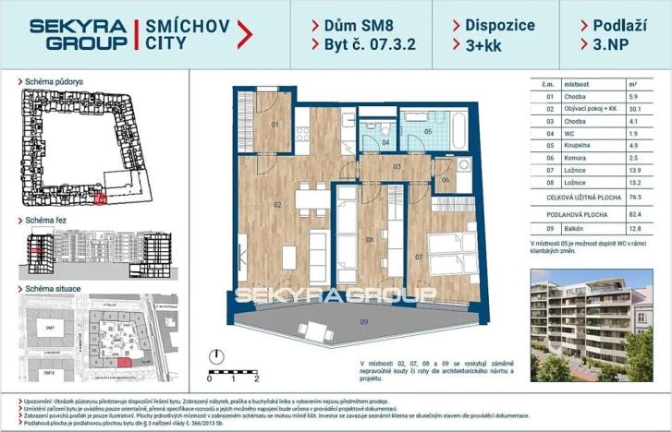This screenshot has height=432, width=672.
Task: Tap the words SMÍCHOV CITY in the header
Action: [x=181, y=34]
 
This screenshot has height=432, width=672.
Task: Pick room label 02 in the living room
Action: [x=275, y=204]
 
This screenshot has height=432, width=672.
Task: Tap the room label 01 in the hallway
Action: [x=275, y=124]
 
